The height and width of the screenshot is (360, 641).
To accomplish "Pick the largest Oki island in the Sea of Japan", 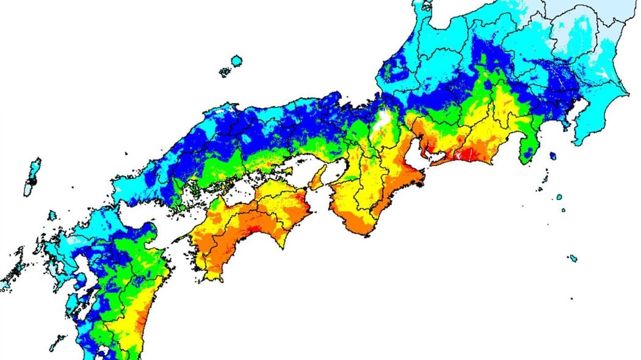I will click(236, 61).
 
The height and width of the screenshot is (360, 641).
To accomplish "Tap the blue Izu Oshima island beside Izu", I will click(552, 156).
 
